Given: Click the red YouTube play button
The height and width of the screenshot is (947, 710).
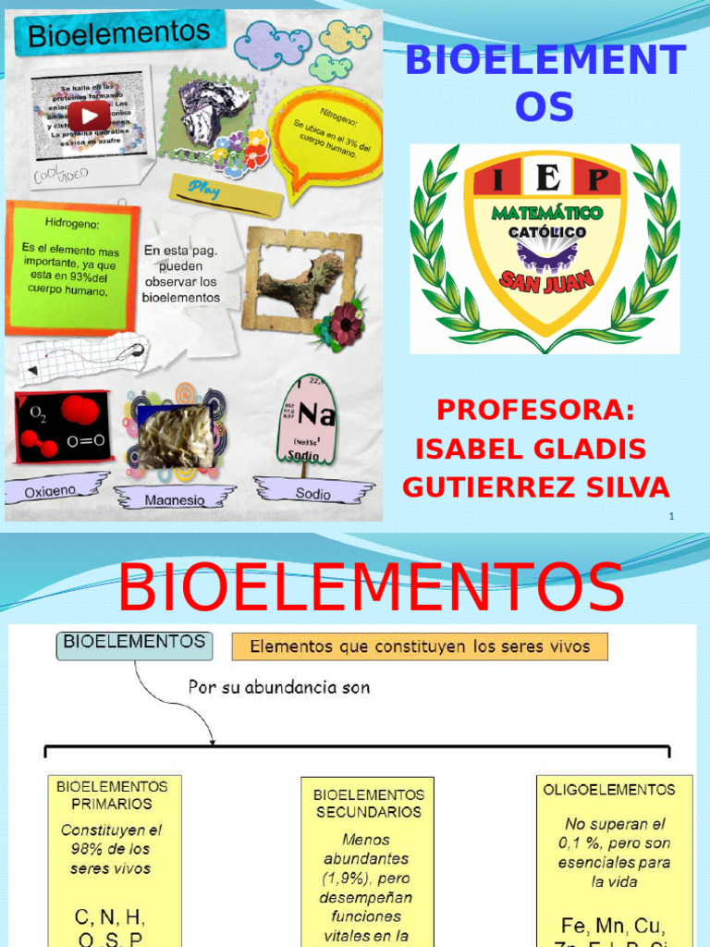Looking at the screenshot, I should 89,116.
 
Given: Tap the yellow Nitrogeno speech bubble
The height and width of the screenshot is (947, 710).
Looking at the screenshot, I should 326,136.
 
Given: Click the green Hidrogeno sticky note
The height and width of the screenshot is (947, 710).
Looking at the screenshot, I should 70,264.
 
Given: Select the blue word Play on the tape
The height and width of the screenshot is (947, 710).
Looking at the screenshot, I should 203,187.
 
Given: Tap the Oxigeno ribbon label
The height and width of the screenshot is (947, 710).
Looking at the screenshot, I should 52,488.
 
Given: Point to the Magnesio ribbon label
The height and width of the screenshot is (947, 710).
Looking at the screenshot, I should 174,499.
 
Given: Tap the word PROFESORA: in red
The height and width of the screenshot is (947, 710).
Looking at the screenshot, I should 535,409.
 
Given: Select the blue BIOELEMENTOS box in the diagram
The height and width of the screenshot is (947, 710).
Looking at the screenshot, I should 134,644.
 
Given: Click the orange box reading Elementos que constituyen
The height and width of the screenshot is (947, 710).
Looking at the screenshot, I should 419,646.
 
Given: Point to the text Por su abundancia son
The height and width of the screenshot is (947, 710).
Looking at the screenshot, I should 279,688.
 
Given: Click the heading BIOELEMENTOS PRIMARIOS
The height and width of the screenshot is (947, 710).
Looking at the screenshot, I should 113,795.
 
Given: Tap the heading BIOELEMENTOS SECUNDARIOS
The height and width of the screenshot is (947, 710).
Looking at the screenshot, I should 368,803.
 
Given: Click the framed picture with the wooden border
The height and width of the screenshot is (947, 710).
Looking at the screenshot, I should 300,279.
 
